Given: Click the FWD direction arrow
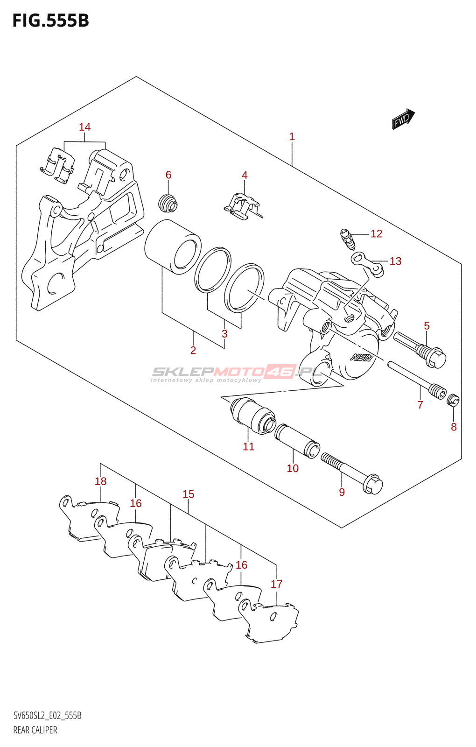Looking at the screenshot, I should click(403, 119).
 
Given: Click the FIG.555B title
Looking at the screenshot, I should click(50, 21).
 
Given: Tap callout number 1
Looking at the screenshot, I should click(292, 136).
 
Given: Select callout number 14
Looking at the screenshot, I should click(84, 127).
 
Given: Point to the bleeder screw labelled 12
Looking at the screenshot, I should click(347, 239).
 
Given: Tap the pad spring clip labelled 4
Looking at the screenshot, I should click(243, 207).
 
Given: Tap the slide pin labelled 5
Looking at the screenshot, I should click(420, 350).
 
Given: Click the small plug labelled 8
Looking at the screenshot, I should click(453, 400).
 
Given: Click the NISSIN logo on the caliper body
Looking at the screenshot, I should click(362, 359).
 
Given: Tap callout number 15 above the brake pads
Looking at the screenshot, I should click(188, 494).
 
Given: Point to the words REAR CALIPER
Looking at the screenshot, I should click(35, 730).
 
